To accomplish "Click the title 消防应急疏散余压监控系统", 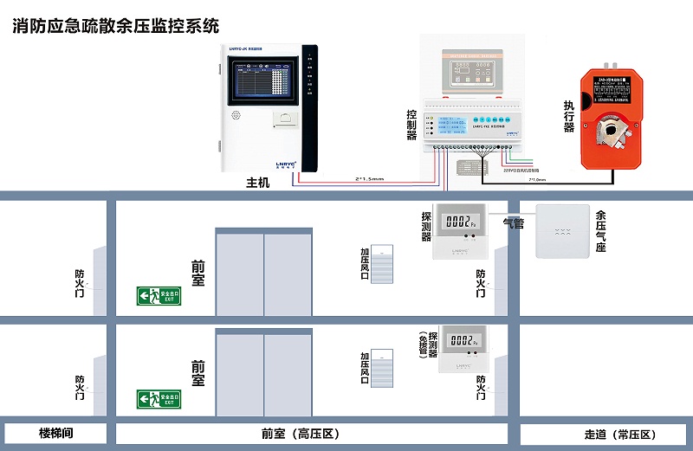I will pos(117,26).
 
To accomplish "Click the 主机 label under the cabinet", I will pos(258,184).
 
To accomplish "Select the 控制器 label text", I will pos(412,125).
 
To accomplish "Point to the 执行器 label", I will pos(569,117).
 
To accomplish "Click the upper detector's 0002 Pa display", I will pos(460,222).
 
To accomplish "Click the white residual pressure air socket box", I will pos(564,231).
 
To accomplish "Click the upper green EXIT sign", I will pos(159,296).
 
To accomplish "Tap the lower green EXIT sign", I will pos(159,399).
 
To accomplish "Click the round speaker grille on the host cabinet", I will pos(235,114).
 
